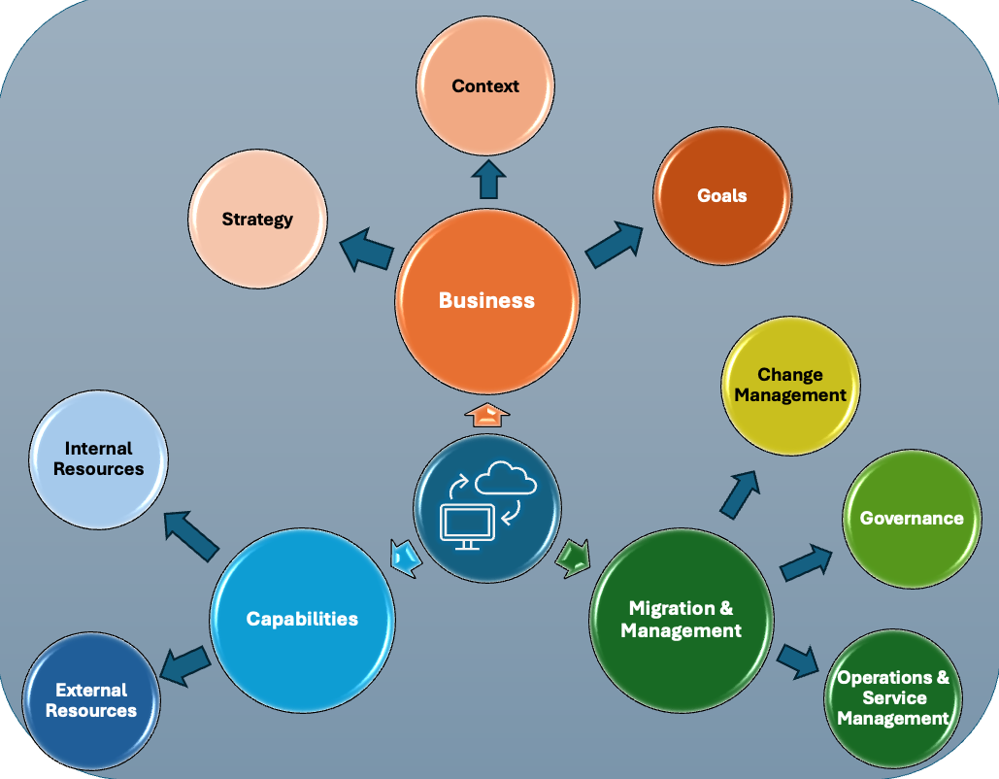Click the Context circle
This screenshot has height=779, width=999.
(485, 86)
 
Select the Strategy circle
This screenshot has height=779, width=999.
(257, 219)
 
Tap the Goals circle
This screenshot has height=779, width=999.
(721, 195)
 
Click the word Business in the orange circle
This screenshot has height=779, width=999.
(486, 300)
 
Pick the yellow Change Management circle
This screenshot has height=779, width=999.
(789, 385)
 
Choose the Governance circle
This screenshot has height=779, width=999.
(911, 518)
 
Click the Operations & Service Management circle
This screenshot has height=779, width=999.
(892, 697)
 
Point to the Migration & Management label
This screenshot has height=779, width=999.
(681, 619)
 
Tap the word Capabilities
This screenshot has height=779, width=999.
(302, 619)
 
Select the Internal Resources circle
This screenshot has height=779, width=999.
(98, 458)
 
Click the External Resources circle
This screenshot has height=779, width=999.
(90, 700)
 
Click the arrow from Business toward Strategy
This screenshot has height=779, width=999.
(366, 251)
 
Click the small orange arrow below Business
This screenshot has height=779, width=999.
(486, 416)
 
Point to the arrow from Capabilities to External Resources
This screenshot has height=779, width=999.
(183, 665)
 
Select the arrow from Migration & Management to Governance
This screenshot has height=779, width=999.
(806, 563)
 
